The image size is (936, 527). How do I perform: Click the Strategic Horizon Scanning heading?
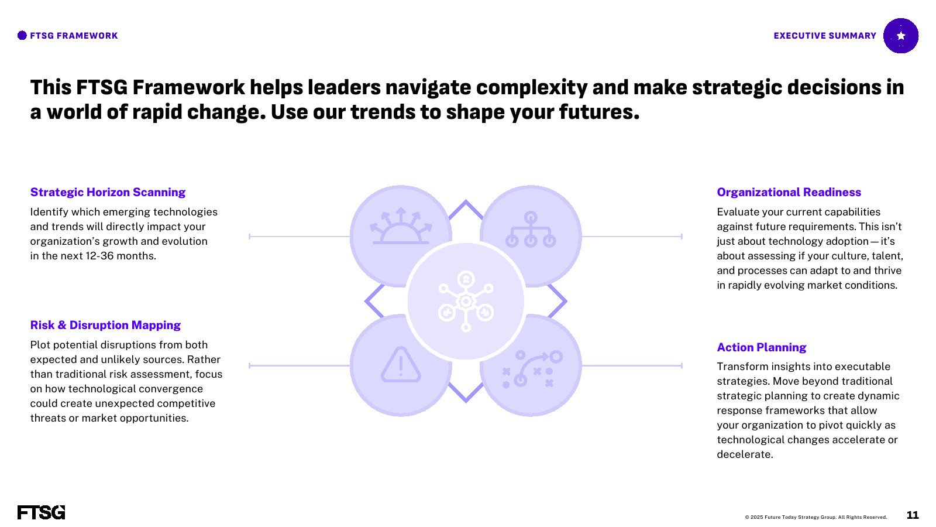(x=108, y=192)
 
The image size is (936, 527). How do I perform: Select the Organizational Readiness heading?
(x=789, y=192)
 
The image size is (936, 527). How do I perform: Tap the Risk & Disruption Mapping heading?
(x=105, y=325)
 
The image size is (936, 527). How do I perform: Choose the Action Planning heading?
(x=761, y=347)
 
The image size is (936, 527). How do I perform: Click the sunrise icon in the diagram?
(x=401, y=226)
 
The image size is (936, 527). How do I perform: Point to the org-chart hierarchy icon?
(x=530, y=230)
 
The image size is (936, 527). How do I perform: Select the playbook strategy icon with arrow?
(x=532, y=368)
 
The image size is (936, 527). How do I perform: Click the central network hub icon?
(x=466, y=301)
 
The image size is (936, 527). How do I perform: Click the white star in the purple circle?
(x=901, y=36)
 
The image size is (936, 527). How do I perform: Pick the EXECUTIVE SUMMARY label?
(x=825, y=36)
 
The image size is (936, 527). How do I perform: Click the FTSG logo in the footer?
(x=42, y=512)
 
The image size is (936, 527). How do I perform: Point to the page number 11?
(x=913, y=515)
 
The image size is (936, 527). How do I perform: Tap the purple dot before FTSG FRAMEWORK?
(x=22, y=36)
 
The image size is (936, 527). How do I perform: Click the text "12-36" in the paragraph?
(x=99, y=256)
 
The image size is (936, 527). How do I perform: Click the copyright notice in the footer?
(x=815, y=518)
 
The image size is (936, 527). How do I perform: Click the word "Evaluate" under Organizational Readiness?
(x=738, y=212)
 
